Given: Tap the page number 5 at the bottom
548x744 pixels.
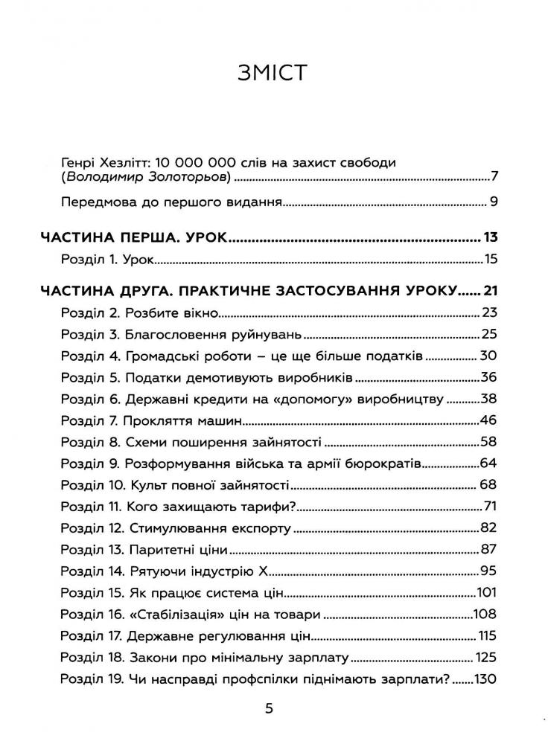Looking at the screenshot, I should (270, 708).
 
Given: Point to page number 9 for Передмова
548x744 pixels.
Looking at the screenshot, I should (493, 202).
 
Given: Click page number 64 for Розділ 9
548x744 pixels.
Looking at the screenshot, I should (488, 464).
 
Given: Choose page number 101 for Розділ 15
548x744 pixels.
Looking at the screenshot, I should (486, 595).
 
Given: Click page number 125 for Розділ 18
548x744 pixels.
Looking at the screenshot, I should (485, 659).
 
